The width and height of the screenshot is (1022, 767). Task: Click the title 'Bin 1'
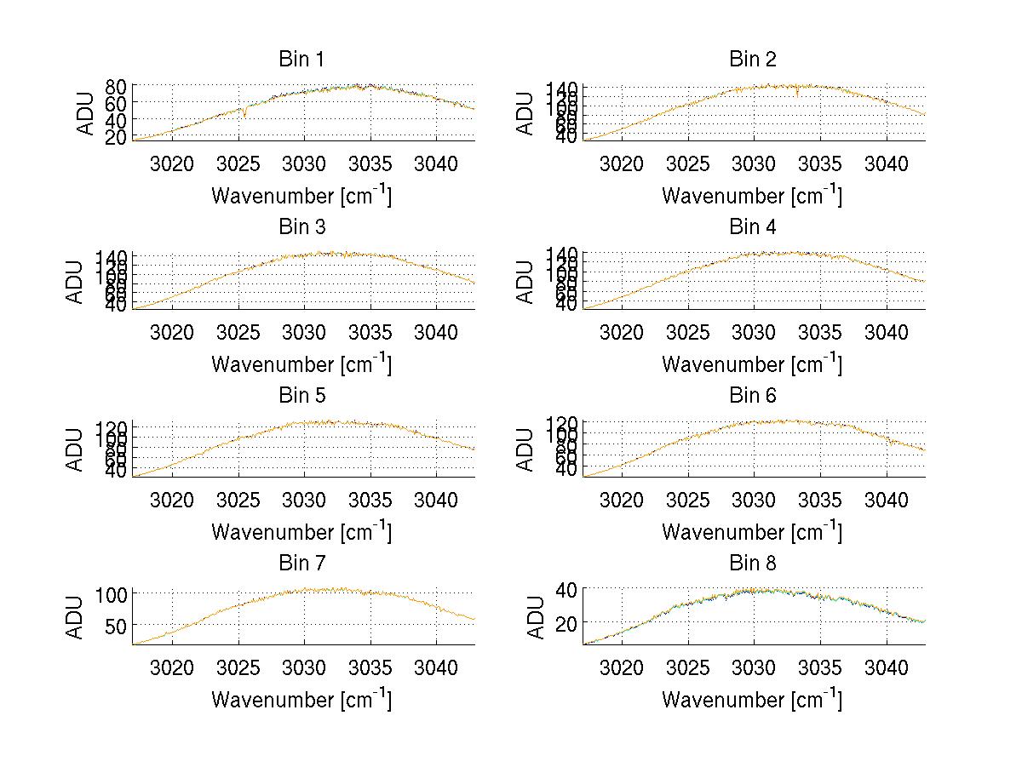point(301,60)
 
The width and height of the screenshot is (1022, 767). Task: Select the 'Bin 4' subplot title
point(753,227)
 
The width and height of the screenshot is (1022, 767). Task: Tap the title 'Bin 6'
point(753,396)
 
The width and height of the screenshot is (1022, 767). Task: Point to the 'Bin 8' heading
point(753,564)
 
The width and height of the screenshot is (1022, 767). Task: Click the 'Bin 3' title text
point(301,227)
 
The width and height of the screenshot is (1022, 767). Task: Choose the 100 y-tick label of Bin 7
point(112,593)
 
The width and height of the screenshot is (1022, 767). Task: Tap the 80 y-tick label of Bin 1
point(116,86)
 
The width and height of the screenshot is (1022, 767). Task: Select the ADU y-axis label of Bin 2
point(525,113)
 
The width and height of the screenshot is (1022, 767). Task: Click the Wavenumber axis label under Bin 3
point(301,363)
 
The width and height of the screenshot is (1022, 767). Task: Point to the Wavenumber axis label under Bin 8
point(752,700)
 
